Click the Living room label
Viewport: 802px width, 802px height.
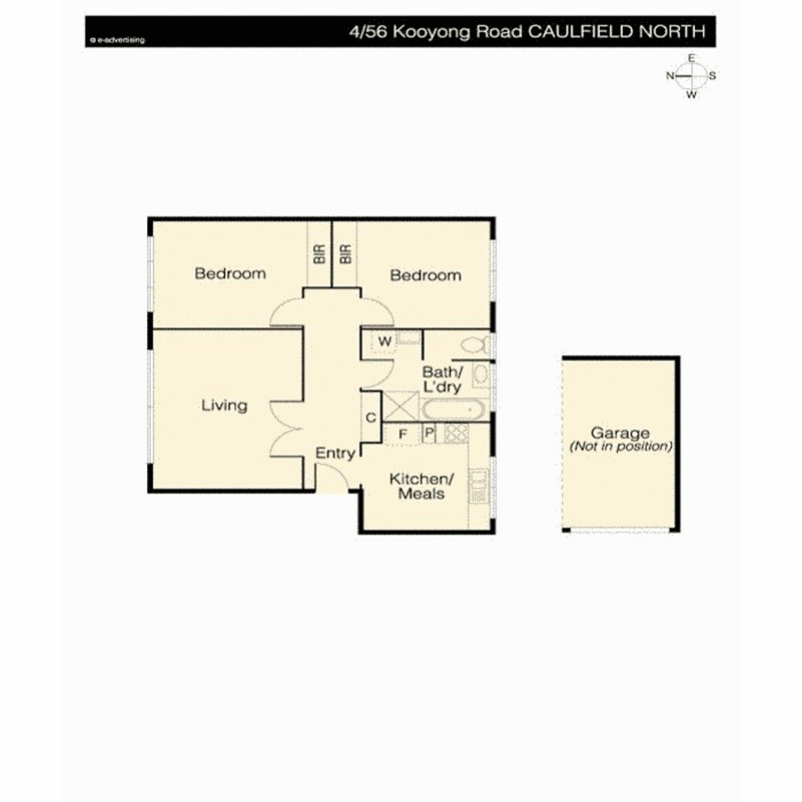click(x=224, y=405)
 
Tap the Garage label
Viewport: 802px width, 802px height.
click(x=620, y=433)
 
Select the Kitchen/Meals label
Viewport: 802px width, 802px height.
click(x=421, y=486)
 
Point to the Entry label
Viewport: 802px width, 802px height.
click(x=335, y=453)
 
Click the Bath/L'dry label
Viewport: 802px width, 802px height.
click(x=442, y=379)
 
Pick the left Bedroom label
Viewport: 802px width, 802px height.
click(x=230, y=273)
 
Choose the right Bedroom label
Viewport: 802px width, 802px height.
click(x=425, y=275)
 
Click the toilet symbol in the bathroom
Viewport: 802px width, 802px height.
click(x=476, y=344)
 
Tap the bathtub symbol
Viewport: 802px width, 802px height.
click(x=453, y=410)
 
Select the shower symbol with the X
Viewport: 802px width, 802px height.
click(x=400, y=406)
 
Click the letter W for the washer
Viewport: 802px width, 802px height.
click(x=384, y=342)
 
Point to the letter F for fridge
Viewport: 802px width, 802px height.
click(x=402, y=434)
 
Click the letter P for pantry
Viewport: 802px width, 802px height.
click(x=429, y=432)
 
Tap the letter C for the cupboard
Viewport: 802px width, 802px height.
click(x=371, y=418)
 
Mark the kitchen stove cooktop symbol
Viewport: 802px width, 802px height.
click(x=456, y=433)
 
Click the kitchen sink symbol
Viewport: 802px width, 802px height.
click(x=479, y=487)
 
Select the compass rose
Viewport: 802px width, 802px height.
click(x=691, y=76)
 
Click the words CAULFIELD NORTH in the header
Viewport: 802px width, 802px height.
click(x=618, y=31)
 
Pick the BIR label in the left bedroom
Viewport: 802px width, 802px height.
click(x=319, y=254)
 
